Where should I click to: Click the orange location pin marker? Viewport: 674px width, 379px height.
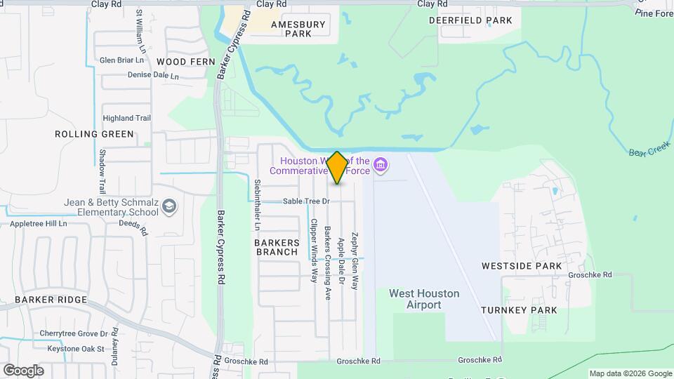point(337,168)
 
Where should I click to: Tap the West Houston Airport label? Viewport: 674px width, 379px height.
point(424,299)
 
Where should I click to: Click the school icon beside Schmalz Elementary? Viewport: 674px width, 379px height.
point(168,206)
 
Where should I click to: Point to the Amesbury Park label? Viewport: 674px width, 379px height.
point(298,28)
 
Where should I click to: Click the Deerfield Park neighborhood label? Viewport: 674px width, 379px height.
point(470,20)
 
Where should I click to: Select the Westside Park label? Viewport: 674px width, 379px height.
point(522,266)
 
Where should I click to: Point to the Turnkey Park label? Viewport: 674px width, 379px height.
point(519,310)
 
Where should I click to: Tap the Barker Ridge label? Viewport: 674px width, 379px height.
point(51,300)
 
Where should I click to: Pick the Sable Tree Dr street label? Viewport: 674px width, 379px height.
point(306,201)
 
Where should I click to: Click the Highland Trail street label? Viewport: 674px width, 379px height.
point(127,118)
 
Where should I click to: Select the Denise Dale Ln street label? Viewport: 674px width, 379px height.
point(153,75)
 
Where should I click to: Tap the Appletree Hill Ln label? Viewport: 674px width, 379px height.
point(38,224)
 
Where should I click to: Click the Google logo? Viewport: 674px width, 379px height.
point(22,370)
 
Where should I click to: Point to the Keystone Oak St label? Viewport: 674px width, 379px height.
point(76,348)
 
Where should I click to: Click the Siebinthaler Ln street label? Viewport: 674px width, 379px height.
point(257,205)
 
